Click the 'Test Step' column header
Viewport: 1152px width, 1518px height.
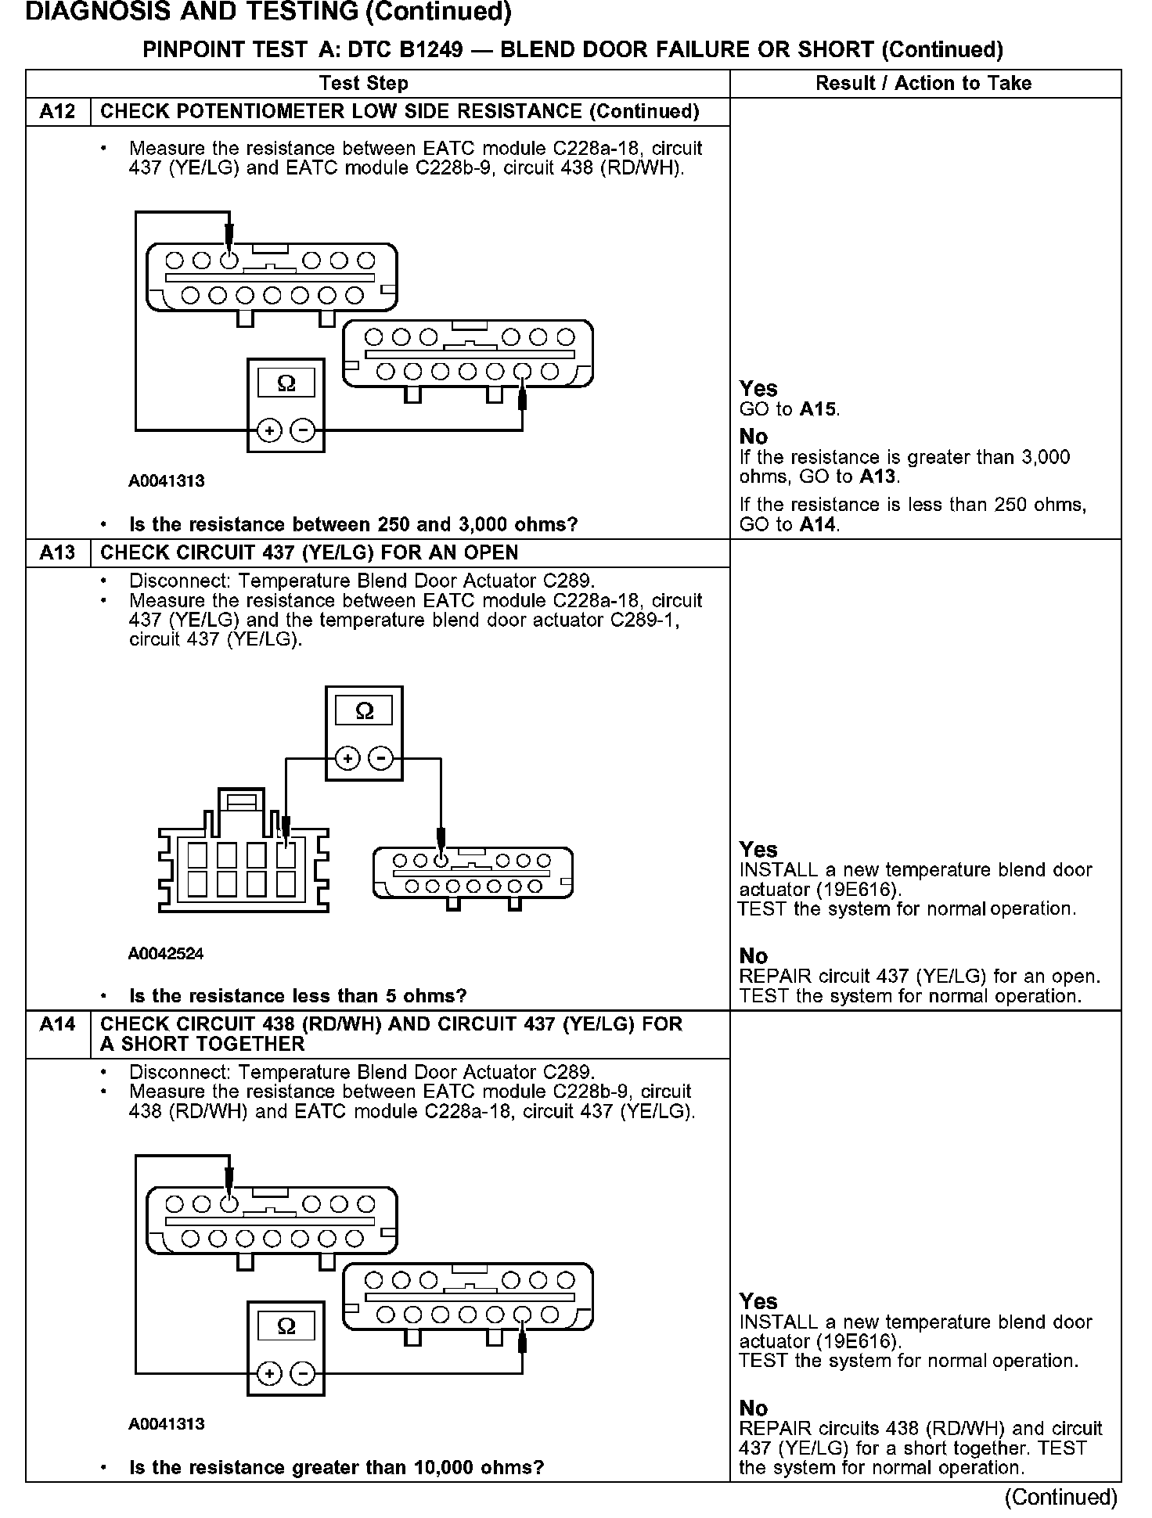(x=363, y=84)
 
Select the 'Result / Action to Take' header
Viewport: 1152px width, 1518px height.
(x=923, y=84)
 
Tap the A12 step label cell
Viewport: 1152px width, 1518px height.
(x=58, y=112)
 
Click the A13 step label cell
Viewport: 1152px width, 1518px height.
(x=58, y=553)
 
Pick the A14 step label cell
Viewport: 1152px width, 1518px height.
(x=58, y=1024)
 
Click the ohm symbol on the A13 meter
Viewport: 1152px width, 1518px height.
(x=364, y=711)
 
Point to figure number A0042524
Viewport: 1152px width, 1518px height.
(x=166, y=954)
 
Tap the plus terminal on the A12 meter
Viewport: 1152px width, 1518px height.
(x=269, y=430)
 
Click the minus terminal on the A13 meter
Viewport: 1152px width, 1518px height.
(x=381, y=758)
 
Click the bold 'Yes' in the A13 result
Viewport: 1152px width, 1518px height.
(x=758, y=850)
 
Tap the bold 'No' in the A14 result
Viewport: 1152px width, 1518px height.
(x=754, y=1408)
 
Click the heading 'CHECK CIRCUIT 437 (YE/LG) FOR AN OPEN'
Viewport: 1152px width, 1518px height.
(x=309, y=553)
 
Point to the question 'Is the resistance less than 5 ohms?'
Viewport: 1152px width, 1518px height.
(x=297, y=996)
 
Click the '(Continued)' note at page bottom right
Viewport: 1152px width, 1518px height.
(x=1061, y=1497)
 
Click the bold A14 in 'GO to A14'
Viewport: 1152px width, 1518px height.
(x=818, y=525)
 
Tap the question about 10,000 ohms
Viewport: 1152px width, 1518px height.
(x=336, y=1467)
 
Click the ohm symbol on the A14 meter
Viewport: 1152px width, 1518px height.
(x=286, y=1326)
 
